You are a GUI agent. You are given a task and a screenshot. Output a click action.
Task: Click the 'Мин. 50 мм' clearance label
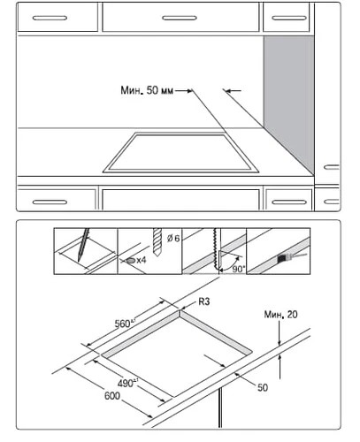(x=147, y=90)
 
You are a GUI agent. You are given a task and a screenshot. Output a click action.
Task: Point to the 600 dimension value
(x=112, y=396)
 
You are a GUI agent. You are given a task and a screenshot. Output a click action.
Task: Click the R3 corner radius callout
(x=204, y=301)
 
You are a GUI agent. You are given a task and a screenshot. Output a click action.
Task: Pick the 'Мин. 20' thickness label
(x=280, y=315)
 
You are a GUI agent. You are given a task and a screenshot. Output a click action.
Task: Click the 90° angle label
(x=239, y=269)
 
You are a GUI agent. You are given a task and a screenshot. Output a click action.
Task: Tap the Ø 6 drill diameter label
(x=173, y=238)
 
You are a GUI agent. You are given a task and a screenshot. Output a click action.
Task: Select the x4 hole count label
(x=141, y=260)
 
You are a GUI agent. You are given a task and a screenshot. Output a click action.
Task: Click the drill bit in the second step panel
(x=157, y=242)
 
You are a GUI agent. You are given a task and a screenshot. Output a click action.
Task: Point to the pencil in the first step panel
(x=83, y=245)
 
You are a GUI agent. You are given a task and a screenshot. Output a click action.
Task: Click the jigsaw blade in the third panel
(x=217, y=249)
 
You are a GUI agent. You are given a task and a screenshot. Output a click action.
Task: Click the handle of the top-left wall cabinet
(x=50, y=18)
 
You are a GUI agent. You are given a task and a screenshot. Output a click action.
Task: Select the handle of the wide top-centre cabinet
(x=180, y=18)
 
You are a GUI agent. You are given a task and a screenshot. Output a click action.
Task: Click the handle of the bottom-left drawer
(x=50, y=202)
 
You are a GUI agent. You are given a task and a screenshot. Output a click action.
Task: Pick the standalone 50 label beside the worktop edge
(x=263, y=387)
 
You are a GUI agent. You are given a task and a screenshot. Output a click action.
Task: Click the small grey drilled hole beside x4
(x=131, y=260)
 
